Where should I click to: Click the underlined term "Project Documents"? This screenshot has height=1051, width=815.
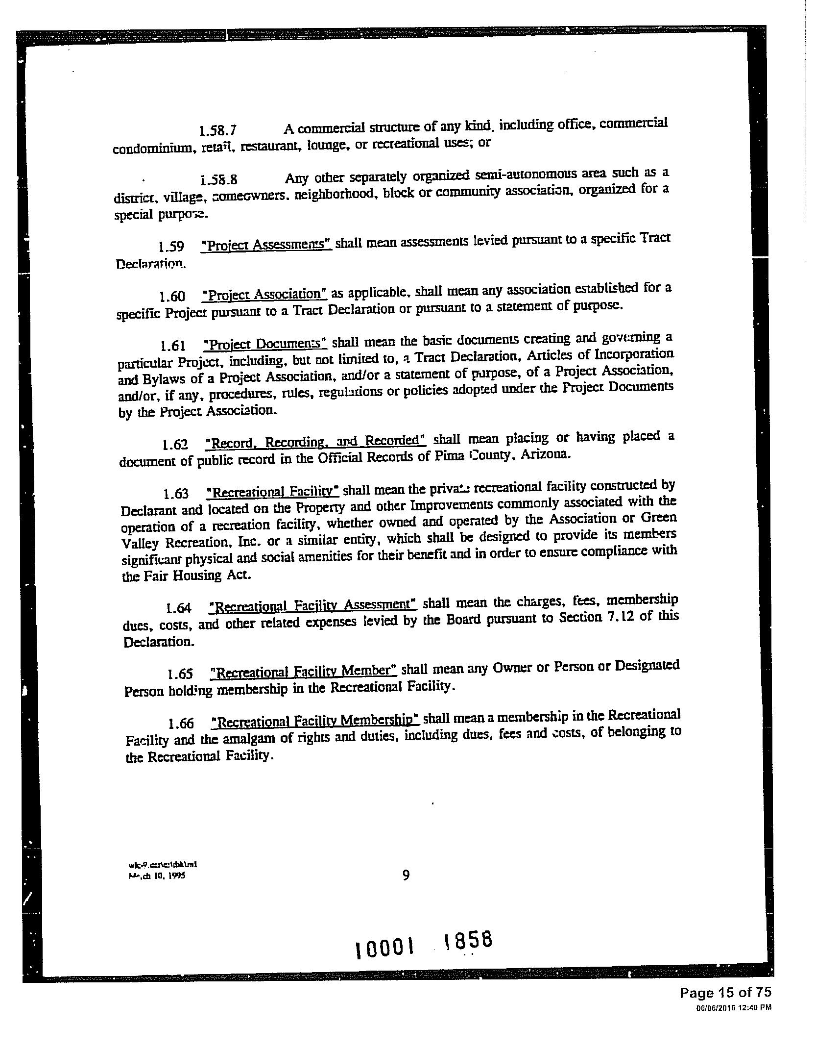point(265,344)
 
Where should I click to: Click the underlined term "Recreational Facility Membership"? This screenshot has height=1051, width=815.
point(315,722)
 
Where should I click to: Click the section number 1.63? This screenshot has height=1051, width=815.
point(176,493)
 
